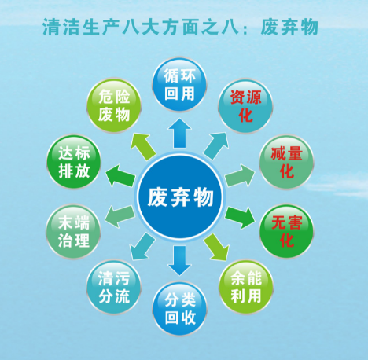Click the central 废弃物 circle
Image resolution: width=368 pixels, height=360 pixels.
point(180,197)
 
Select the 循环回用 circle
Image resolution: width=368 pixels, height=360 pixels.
point(179,85)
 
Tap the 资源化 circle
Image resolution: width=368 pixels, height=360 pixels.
point(245,106)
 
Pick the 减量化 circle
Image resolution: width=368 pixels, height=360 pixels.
point(286,162)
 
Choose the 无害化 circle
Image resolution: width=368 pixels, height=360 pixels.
point(286,231)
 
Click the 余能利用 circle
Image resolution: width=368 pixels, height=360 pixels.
point(246,287)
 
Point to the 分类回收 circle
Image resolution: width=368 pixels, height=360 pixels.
point(180,309)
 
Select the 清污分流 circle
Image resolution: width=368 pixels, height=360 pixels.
point(114,287)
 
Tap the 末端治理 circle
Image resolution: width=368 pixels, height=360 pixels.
point(74,232)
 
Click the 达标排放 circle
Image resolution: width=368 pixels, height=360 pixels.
point(74,162)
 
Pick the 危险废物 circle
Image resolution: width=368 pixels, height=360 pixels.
point(114,105)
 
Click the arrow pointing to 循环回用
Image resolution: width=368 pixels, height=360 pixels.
point(179,133)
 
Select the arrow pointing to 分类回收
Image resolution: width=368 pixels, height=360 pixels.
point(180,260)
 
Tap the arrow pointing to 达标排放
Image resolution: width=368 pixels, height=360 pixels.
point(120,176)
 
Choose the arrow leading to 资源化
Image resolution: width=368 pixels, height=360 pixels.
point(215,145)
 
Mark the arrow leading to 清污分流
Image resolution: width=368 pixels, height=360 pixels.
point(142,247)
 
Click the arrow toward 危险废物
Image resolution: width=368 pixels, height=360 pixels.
point(143,147)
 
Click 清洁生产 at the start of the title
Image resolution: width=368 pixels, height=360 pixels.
point(81,27)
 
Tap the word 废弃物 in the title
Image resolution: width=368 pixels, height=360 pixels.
point(289,27)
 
